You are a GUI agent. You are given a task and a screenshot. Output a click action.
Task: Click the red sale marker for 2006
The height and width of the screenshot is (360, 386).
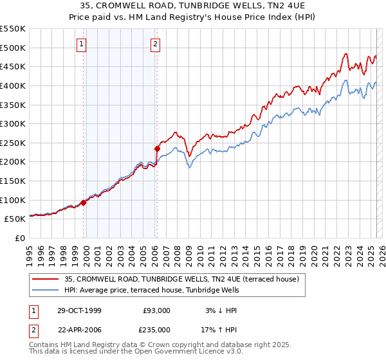[x=157, y=148]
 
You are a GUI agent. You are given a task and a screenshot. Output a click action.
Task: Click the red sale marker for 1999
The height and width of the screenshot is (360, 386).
[x=84, y=203]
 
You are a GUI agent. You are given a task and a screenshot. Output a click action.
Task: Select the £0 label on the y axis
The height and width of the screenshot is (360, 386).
[x=19, y=238]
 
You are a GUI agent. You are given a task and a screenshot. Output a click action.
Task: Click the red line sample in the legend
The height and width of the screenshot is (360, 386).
[x=46, y=279]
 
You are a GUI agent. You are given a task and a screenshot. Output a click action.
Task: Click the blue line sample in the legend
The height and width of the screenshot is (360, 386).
[x=46, y=291]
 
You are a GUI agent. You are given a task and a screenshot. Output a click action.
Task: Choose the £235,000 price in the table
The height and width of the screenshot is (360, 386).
[x=157, y=330]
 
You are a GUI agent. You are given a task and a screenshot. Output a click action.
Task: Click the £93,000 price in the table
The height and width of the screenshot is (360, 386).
[x=157, y=310]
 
